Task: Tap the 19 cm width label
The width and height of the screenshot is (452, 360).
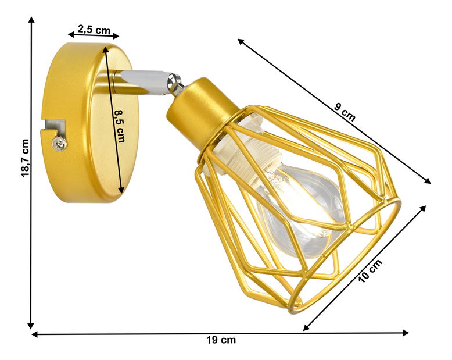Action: pos(222,340)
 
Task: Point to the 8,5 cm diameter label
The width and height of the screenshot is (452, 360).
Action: pos(120,126)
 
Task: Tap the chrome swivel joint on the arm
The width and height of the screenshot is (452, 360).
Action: pos(174,84)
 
